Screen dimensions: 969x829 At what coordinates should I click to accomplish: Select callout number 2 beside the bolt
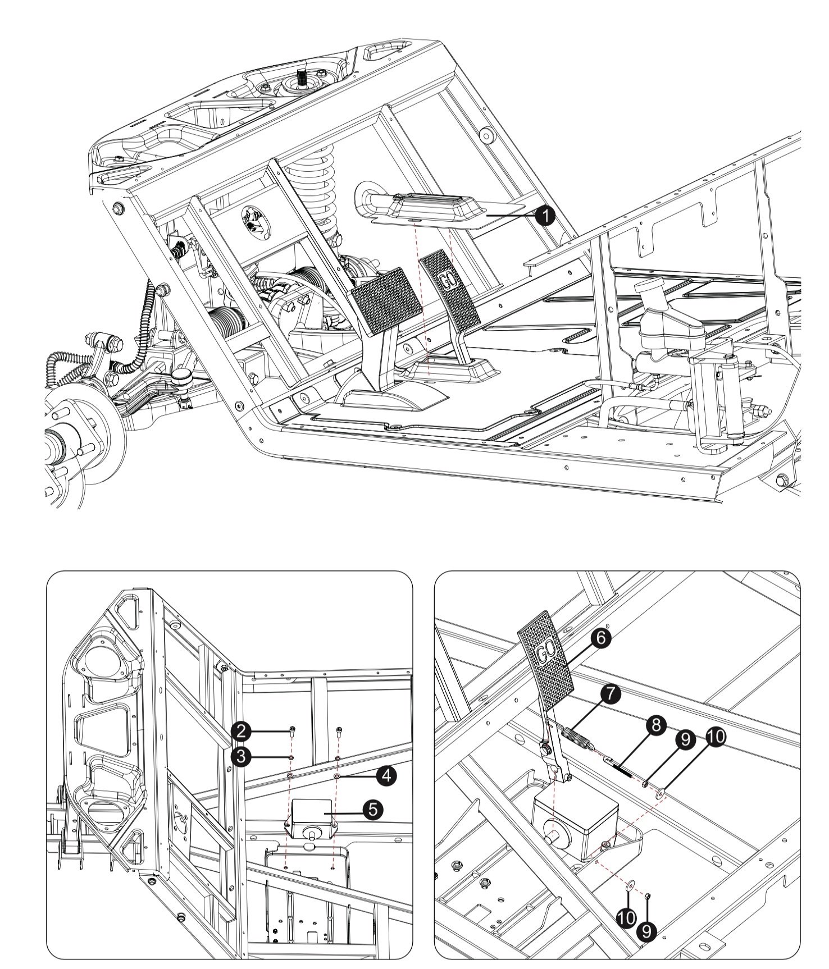point(241,730)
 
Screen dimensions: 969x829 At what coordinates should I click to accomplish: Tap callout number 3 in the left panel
point(241,756)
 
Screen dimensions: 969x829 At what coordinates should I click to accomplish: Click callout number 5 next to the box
point(372,809)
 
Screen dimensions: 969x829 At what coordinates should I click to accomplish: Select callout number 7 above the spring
point(610,694)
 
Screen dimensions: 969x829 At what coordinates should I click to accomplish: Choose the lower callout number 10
point(626,918)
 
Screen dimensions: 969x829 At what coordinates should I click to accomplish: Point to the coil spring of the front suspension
point(311,191)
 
